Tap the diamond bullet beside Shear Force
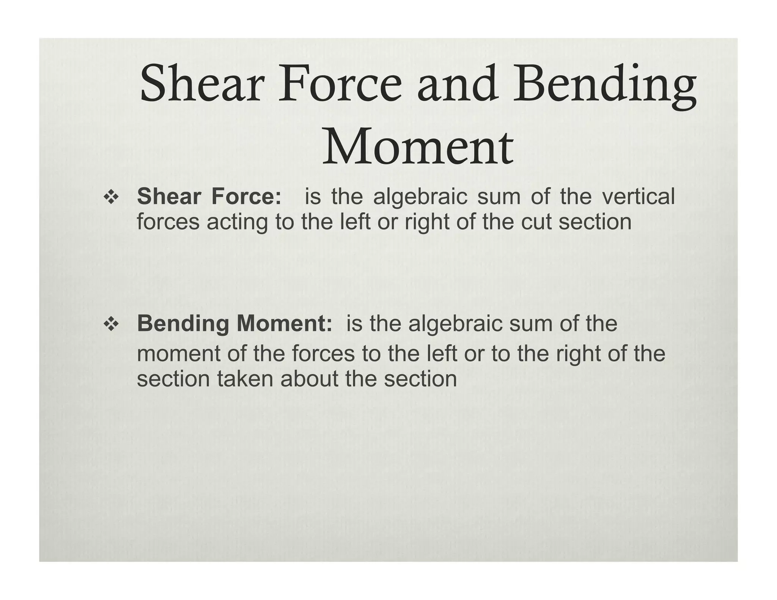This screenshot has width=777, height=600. (112, 198)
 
